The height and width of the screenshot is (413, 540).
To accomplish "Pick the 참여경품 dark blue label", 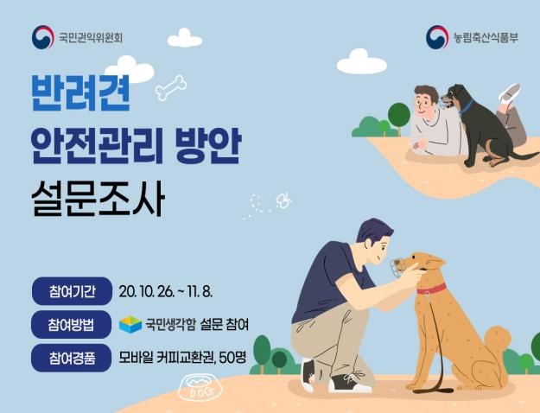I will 72,356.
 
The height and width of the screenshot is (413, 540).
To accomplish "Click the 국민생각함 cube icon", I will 130,324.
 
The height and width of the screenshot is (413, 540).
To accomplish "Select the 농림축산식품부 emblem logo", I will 437,37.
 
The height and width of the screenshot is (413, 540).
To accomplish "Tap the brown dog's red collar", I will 431,288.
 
